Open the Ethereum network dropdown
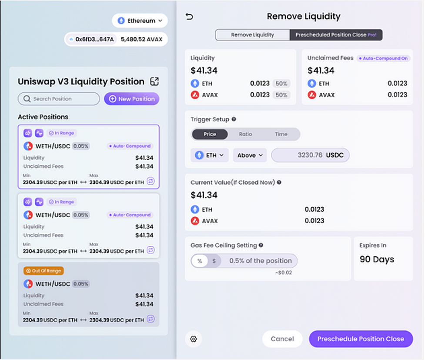tap(140, 20)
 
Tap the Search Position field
tap(59, 99)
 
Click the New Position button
tap(132, 99)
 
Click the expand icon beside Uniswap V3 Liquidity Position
tap(154, 81)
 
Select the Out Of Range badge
tap(44, 271)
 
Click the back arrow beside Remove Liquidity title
tap(190, 17)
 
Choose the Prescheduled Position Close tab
tap(336, 35)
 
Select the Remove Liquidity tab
tap(253, 35)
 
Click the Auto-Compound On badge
tap(383, 58)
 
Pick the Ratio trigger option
tap(245, 134)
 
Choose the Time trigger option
tap(281, 134)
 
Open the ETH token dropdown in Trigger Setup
tap(210, 155)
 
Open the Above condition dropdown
tap(250, 155)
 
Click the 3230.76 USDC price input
tap(310, 155)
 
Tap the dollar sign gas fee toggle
tap(214, 261)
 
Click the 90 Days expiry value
tap(377, 259)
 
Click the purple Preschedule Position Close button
tap(361, 339)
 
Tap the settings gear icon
tap(194, 339)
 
